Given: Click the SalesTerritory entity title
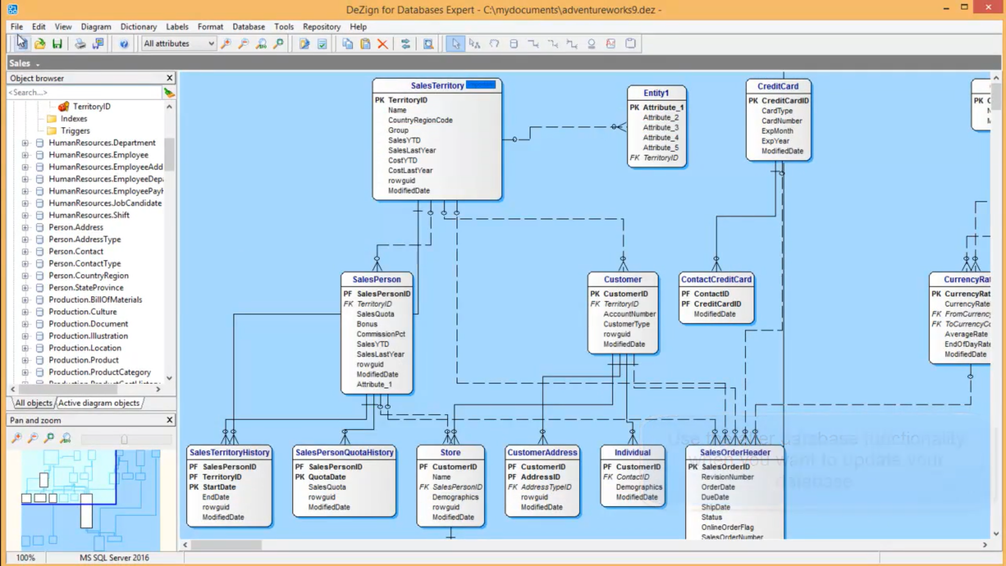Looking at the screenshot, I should tap(436, 85).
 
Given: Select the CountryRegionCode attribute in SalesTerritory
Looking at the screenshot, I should tap(420, 120).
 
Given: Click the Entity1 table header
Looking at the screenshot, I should tap(656, 93).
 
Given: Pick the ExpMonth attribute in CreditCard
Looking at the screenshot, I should tap(777, 131).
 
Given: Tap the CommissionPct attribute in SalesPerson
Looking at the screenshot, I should tap(380, 334).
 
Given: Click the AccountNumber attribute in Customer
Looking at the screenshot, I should tap(629, 314).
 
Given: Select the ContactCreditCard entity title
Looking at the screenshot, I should tap(716, 279).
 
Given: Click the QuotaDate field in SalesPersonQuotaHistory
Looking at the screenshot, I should tap(326, 477).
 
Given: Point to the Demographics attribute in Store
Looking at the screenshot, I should tap(455, 497).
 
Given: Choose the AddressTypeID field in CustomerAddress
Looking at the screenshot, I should tap(545, 487).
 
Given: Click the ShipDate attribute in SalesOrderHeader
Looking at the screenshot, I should tap(715, 507).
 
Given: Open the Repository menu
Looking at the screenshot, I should tap(321, 27).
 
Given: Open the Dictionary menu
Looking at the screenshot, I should tap(138, 27).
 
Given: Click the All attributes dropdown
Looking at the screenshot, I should tap(179, 43).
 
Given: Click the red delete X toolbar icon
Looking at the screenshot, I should tap(383, 44).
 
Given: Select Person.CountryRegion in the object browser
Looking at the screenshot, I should tap(88, 276).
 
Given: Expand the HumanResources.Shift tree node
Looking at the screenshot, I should tap(25, 215).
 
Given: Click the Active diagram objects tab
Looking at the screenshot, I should tap(99, 403).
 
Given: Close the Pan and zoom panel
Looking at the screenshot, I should tap(169, 420).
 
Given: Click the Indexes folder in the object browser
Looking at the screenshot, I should tap(73, 119).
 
